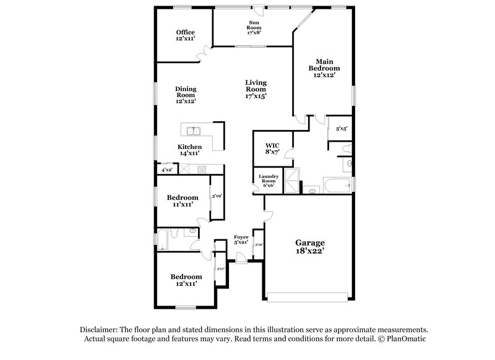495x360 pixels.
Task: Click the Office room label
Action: pyautogui.click(x=185, y=35)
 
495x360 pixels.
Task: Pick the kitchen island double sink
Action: pyautogui.click(x=193, y=130)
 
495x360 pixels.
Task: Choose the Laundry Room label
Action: pyautogui.click(x=269, y=181)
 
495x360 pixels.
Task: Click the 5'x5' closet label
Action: pyautogui.click(x=341, y=129)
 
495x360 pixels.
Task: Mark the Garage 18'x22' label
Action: pyautogui.click(x=309, y=247)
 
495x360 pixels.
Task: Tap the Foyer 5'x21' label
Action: pyautogui.click(x=241, y=240)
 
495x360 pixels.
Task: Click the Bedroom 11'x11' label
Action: pyautogui.click(x=183, y=200)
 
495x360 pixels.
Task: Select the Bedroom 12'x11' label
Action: pyautogui.click(x=186, y=280)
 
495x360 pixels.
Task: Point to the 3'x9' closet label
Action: pyautogui.click(x=217, y=196)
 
